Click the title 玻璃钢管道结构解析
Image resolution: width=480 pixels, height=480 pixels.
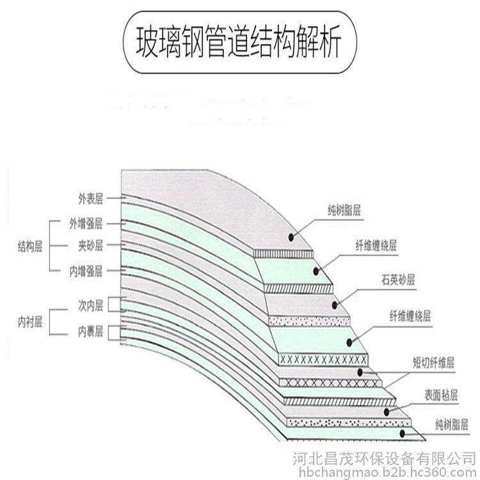point(239,42)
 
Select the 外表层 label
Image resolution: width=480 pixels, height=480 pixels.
point(90,199)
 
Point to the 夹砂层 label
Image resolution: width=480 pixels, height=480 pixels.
point(90,246)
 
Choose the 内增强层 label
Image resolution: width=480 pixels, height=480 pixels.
point(86,271)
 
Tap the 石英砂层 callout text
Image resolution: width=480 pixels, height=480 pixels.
point(398,280)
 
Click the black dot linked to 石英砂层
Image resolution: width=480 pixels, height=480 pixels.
point(336,301)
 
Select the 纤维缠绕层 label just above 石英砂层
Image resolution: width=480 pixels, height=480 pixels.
point(376,245)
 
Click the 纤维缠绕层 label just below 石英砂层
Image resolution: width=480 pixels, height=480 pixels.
point(410,316)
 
